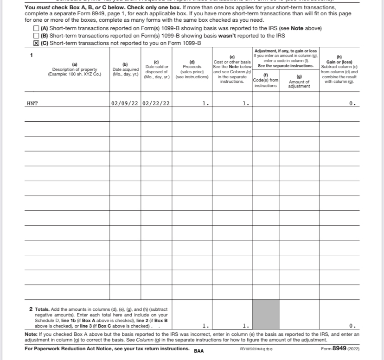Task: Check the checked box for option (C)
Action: [36, 43]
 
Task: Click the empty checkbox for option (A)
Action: [36, 29]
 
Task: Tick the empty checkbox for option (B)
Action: [36, 36]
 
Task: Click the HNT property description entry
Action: [32, 103]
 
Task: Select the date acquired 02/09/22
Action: [125, 103]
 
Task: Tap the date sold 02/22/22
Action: [156, 103]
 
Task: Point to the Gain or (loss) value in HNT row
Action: [353, 103]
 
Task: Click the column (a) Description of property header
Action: [75, 70]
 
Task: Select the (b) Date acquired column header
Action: [125, 69]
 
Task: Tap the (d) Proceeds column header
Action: [192, 69]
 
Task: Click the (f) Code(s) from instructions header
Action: [266, 80]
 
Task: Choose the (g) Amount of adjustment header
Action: [299, 80]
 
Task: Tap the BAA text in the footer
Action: [198, 351]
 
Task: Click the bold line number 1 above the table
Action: [32, 55]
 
